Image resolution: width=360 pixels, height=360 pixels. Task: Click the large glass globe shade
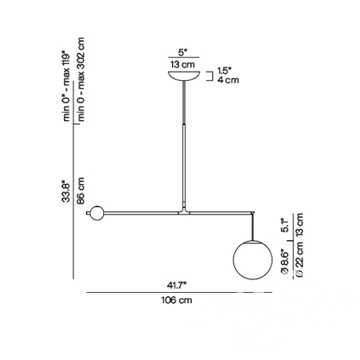(253, 260)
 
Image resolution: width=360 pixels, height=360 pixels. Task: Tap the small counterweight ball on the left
(97, 213)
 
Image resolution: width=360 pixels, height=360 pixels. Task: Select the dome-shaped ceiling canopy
(184, 75)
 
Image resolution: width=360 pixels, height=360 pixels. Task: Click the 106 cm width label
(177, 300)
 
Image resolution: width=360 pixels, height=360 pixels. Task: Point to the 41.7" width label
(176, 286)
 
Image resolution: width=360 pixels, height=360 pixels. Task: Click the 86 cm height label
(80, 191)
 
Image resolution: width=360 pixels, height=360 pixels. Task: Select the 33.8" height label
(66, 192)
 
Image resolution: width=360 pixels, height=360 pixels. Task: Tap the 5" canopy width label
(182, 53)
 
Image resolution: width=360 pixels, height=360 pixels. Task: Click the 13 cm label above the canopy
(182, 64)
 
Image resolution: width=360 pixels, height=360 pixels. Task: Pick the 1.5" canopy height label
(224, 71)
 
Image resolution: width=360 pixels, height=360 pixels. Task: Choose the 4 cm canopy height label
(228, 80)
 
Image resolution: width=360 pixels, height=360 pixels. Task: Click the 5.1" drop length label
(285, 226)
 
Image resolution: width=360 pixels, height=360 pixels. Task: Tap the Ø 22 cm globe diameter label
(299, 258)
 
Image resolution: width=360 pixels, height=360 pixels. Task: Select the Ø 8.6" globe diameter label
(285, 262)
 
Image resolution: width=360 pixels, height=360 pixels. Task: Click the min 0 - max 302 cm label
(81, 79)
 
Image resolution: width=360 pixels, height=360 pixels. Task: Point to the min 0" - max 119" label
(66, 86)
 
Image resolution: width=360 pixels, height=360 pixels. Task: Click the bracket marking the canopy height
(210, 76)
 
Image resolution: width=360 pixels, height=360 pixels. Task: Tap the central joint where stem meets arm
(184, 211)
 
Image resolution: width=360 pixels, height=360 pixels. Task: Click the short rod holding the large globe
(253, 226)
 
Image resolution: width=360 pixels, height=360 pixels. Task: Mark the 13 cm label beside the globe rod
(299, 225)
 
